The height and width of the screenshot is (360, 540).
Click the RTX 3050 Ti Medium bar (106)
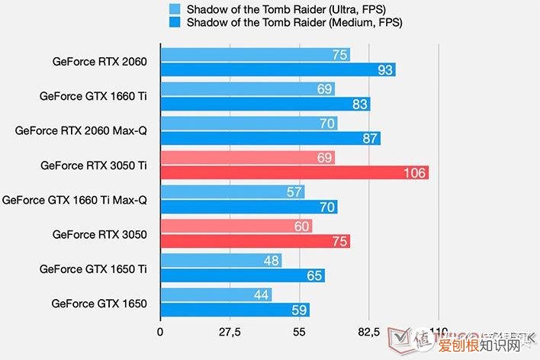point(294,172)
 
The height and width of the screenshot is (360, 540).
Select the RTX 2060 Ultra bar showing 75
point(255,54)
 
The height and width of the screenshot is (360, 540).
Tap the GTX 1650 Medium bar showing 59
point(234,310)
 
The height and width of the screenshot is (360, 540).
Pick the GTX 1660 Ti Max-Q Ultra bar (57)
point(232,191)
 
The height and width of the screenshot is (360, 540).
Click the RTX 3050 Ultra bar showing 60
point(236,227)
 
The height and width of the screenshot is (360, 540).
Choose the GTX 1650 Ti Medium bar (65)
point(242,276)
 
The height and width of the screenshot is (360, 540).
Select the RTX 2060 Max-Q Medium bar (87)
point(270,138)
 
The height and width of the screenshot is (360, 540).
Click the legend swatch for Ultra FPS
point(175,9)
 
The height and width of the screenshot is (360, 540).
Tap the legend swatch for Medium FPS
point(175,23)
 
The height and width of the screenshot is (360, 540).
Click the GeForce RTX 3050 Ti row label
point(93,164)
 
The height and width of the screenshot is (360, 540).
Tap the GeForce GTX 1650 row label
point(99,303)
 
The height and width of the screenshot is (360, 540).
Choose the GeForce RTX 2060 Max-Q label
point(80,130)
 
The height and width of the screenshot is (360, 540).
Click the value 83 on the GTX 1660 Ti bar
point(360,104)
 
